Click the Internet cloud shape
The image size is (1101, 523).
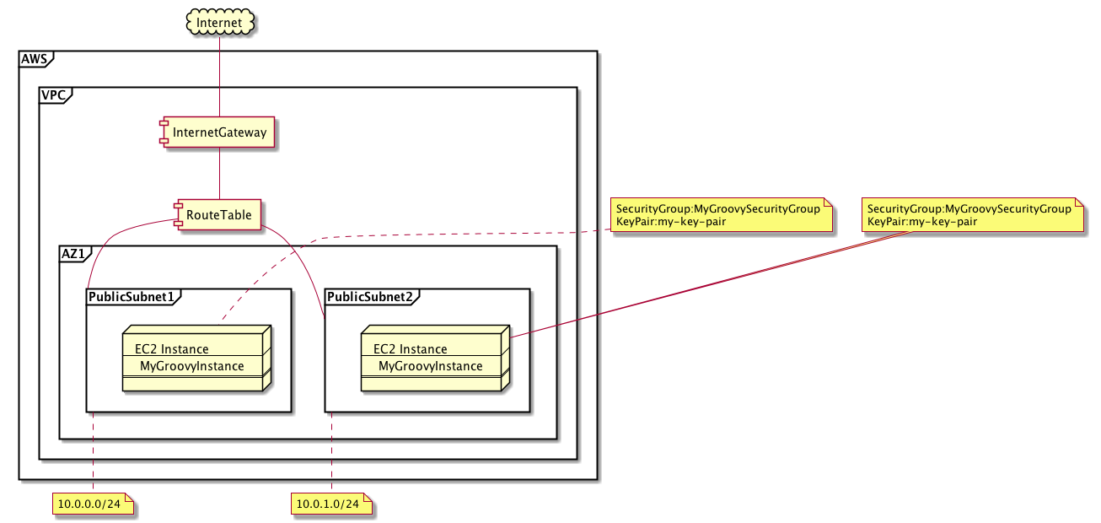(x=219, y=20)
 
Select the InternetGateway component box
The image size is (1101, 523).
(x=219, y=132)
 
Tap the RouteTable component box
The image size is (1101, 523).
(x=218, y=214)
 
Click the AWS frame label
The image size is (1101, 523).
(x=35, y=58)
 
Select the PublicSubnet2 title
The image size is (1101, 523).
(x=369, y=296)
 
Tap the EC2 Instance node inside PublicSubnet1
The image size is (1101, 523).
(x=193, y=358)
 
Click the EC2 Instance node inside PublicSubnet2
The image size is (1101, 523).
(x=432, y=358)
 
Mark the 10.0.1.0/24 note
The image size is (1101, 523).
(x=332, y=504)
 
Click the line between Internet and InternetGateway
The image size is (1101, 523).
(x=219, y=76)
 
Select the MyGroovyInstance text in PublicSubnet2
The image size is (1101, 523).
(x=430, y=366)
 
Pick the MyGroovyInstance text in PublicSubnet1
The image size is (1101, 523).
(x=192, y=366)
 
